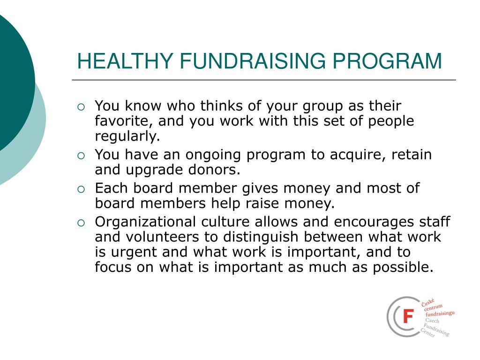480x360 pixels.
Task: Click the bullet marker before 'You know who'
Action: coord(82,107)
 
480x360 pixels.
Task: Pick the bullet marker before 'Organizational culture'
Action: coord(82,223)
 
